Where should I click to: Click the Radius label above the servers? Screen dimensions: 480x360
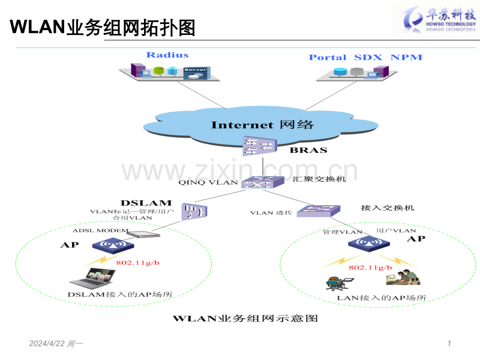pyautogui.click(x=167, y=55)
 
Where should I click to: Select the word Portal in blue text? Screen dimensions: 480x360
pyautogui.click(x=328, y=57)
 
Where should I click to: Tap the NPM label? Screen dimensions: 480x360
pyautogui.click(x=406, y=57)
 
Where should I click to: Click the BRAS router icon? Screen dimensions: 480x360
pyautogui.click(x=260, y=146)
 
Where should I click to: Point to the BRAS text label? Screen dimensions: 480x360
pyautogui.click(x=308, y=150)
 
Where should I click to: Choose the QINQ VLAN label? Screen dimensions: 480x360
pyautogui.click(x=208, y=183)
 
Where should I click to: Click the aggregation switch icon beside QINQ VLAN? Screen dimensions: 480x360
pyautogui.click(x=262, y=183)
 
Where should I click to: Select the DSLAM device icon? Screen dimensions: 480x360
pyautogui.click(x=195, y=211)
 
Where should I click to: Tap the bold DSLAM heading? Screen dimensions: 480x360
pyautogui.click(x=146, y=203)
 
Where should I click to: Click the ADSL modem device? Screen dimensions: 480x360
pyautogui.click(x=143, y=234)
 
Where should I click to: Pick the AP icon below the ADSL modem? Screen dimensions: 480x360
pyautogui.click(x=113, y=246)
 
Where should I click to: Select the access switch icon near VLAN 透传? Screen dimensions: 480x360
pyautogui.click(x=319, y=211)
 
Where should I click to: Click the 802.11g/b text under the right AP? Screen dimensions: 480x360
pyautogui.click(x=370, y=268)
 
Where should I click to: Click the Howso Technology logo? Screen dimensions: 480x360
pyautogui.click(x=435, y=19)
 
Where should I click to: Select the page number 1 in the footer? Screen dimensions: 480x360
pyautogui.click(x=449, y=343)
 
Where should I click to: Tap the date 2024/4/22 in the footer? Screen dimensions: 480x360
pyautogui.click(x=47, y=343)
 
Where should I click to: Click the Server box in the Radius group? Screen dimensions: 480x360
pyautogui.click(x=197, y=74)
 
